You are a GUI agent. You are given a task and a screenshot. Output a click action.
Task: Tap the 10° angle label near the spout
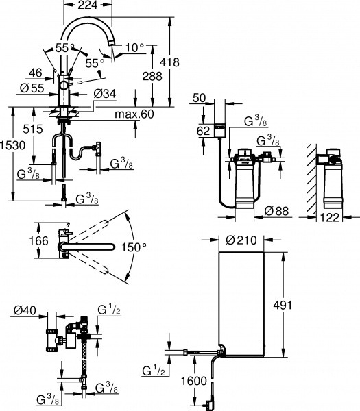point(135,47)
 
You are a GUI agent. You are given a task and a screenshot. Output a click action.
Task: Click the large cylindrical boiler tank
point(239,301)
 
